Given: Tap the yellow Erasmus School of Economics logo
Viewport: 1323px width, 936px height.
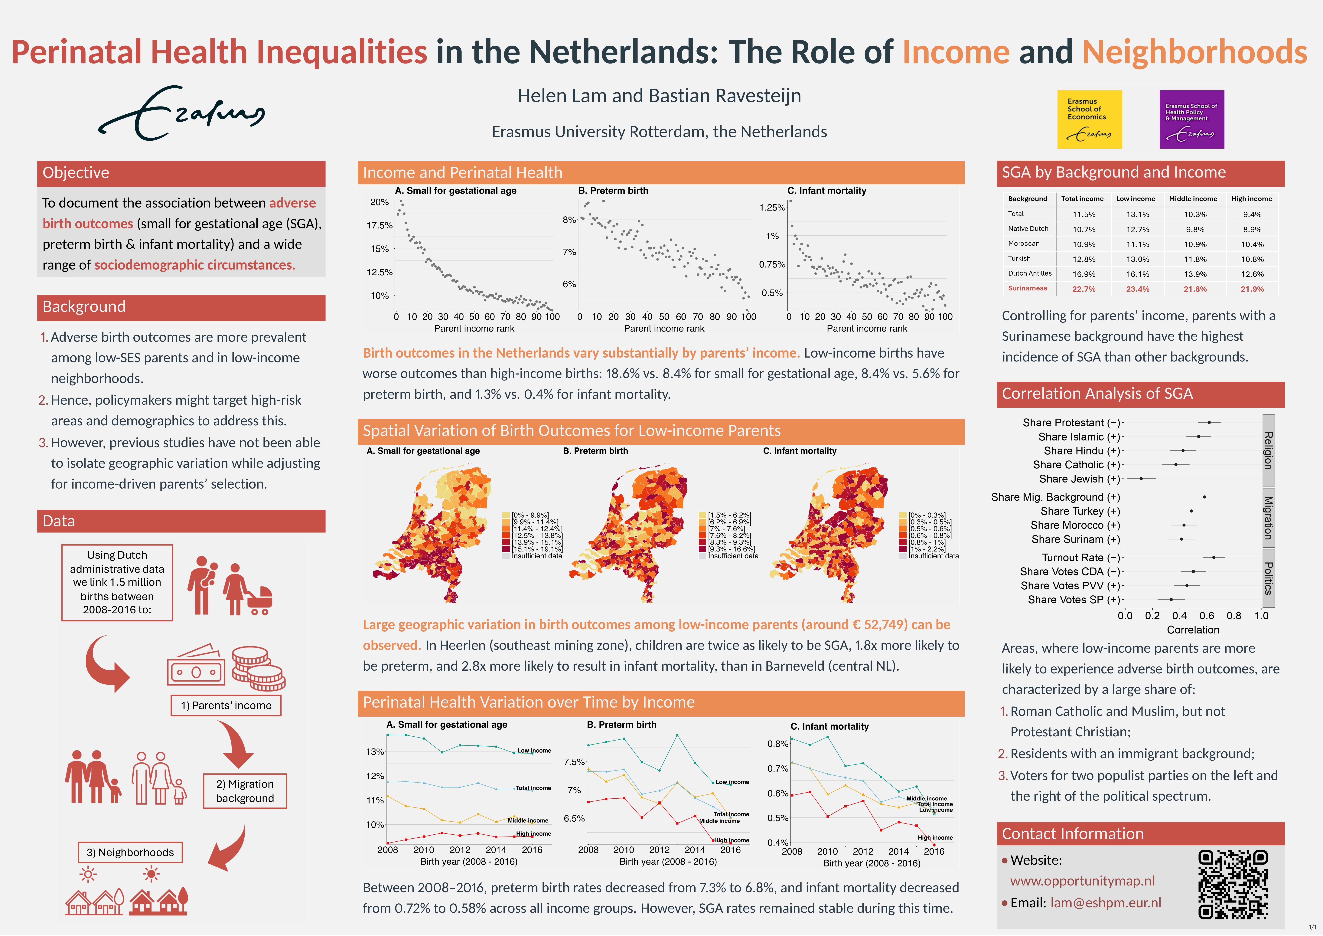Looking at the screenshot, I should pos(1089,119).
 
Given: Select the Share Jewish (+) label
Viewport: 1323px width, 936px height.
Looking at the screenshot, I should pos(1079,479).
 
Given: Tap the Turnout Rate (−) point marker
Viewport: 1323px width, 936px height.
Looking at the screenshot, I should pos(1214,557).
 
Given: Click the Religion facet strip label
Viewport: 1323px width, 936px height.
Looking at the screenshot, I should pos(1268,450).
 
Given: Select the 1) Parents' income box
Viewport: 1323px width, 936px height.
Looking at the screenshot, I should pos(226,705).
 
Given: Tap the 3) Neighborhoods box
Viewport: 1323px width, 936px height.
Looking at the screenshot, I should pos(130,853).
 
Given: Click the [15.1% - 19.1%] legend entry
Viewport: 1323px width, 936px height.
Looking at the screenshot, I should pos(536,549).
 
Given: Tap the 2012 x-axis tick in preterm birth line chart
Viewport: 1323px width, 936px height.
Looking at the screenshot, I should pos(659,850).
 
